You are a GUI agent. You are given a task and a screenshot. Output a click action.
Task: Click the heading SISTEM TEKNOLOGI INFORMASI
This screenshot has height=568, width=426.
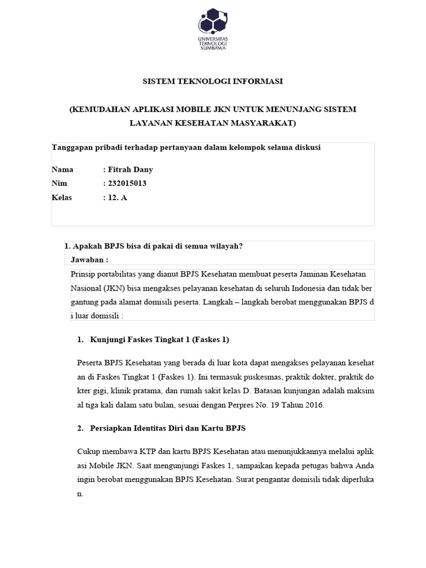click(x=213, y=82)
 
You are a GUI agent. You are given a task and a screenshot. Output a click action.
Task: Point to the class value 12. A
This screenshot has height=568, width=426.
click(x=118, y=197)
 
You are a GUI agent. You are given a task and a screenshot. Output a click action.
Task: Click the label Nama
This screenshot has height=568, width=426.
click(x=62, y=169)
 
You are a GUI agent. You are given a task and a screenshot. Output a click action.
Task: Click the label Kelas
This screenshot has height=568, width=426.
click(x=62, y=197)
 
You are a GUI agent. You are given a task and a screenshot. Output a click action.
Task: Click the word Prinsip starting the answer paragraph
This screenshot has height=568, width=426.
click(x=84, y=274)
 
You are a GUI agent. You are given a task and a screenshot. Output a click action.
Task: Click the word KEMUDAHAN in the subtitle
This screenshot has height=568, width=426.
click(x=101, y=109)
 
